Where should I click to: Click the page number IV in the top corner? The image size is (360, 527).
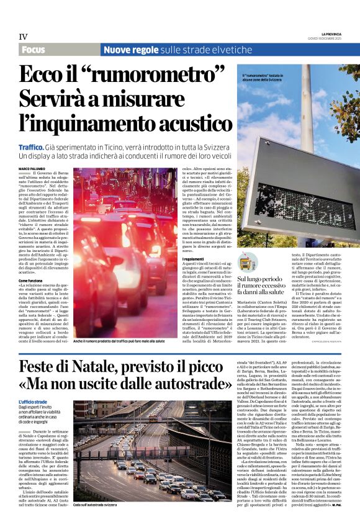(22, 37)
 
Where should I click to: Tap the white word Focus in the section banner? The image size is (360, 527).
(36, 49)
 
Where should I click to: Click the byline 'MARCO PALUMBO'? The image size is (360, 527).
(32, 169)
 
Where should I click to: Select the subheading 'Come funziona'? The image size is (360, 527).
(30, 281)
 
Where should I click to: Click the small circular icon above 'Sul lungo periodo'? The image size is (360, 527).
(245, 264)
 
